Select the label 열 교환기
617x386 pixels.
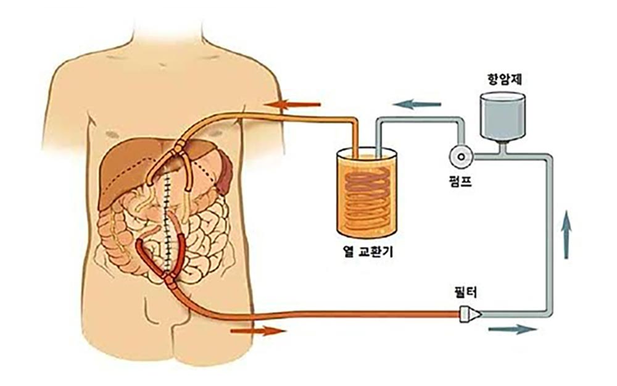click(368, 251)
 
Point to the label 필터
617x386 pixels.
click(466, 292)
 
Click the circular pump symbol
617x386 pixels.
click(462, 157)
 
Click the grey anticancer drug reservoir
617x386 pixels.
click(503, 116)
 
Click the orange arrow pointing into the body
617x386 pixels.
click(292, 105)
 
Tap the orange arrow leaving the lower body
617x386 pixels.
click(258, 331)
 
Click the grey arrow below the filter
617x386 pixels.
click(512, 329)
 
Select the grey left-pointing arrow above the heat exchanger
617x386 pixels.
click(416, 104)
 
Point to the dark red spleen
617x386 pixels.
click(225, 174)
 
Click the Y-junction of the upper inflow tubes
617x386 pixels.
click(178, 148)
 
